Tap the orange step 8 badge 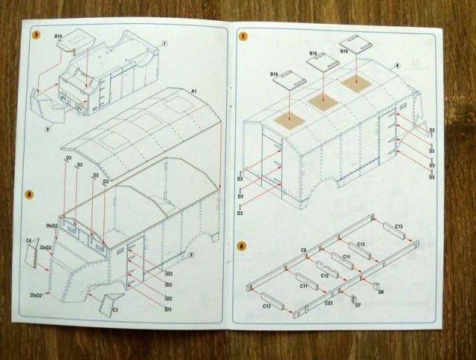tap(29, 195)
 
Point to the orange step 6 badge tap(242, 245)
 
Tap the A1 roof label tap(193, 91)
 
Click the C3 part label tap(115, 309)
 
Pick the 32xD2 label tap(45, 247)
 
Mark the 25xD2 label tap(36, 295)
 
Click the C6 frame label tap(303, 250)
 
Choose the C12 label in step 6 tap(324, 275)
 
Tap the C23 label tap(329, 301)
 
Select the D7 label tap(357, 305)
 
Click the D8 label tap(381, 292)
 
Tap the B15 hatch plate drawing tap(71, 43)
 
